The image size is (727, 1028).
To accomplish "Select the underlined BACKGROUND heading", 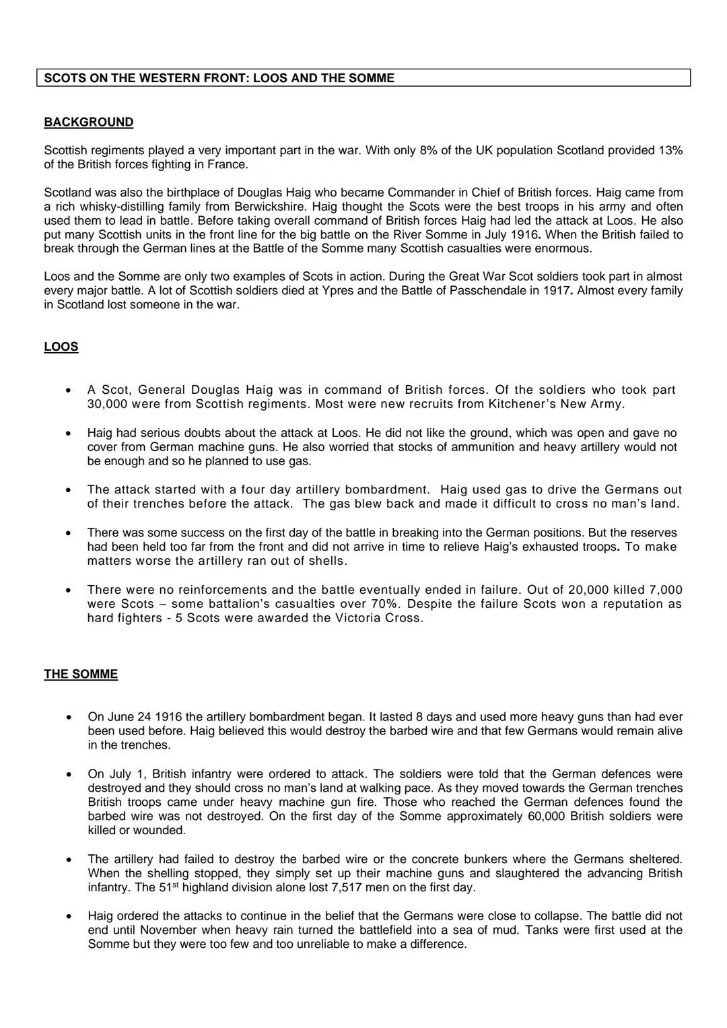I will (88, 122).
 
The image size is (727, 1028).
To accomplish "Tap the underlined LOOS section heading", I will (61, 347).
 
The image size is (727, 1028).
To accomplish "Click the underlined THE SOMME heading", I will (81, 674).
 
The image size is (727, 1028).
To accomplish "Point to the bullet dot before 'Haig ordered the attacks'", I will (69, 916).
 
